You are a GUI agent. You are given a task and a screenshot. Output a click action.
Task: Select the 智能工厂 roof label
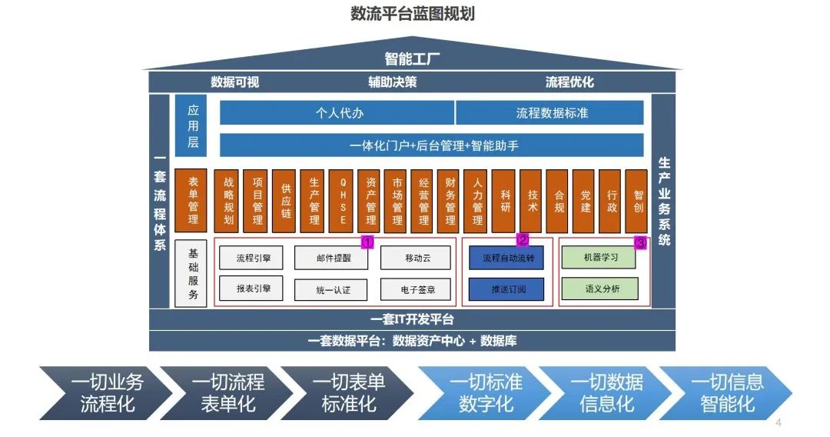413,59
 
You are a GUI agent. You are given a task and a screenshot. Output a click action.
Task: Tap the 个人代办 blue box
338,112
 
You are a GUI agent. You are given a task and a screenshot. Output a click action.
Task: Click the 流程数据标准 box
551,112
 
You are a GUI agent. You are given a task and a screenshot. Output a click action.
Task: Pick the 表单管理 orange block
192,201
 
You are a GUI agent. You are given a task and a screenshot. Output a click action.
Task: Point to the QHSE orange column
343,201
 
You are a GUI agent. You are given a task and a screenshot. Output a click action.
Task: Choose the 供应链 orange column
286,201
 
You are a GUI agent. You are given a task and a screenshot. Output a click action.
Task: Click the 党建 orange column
586,201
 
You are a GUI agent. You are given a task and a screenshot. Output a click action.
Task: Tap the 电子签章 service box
415,289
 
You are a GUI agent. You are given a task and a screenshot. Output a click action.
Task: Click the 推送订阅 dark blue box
506,289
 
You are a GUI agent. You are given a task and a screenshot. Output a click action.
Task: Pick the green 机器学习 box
599,259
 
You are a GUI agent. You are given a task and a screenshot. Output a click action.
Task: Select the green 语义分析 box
599,289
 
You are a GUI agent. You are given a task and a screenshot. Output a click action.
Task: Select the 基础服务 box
192,274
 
